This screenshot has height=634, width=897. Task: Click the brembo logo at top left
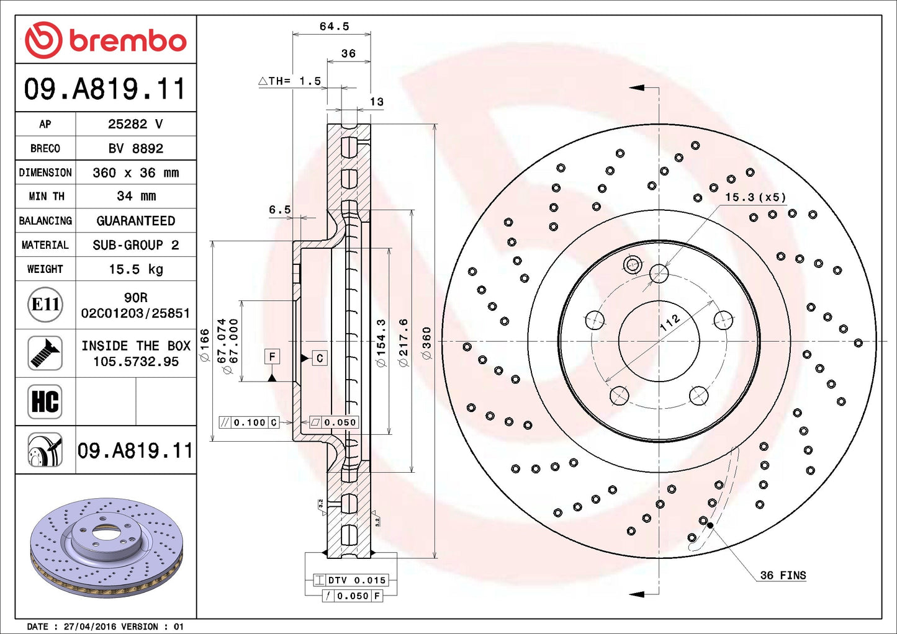[x=106, y=40]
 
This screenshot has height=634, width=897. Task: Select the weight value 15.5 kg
[x=136, y=269]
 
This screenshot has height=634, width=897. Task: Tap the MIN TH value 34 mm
[x=136, y=196]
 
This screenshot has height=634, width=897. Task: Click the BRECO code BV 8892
[x=136, y=148]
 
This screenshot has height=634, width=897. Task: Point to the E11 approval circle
[x=45, y=305]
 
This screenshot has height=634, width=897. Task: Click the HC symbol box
[x=45, y=401]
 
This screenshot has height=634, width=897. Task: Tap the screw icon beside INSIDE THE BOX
[x=45, y=353]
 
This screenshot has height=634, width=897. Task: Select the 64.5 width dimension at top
[x=334, y=26]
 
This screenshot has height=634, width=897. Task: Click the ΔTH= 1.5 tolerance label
[x=290, y=81]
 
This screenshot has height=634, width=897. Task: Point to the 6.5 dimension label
[x=279, y=210]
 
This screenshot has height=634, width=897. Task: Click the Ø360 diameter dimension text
[x=426, y=343]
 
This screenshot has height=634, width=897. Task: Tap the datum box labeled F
[x=272, y=357]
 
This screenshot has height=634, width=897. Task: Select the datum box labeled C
[x=320, y=358]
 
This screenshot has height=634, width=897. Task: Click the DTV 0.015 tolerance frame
[x=351, y=580]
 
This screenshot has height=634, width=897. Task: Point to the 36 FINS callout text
[x=783, y=575]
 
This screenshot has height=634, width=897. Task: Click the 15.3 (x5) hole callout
[x=755, y=197]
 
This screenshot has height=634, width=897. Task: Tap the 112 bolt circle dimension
[x=669, y=323]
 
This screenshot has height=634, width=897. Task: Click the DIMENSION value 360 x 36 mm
[x=136, y=172]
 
